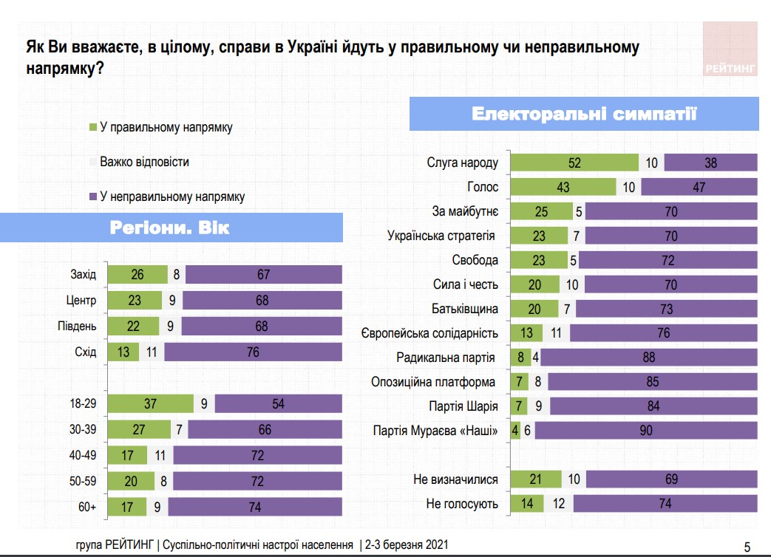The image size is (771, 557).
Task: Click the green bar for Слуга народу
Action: pos(574,163)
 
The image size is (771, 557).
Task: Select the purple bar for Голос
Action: pos(699,188)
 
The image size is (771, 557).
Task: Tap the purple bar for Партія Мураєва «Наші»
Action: pos(646,430)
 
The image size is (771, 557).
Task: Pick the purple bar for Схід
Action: pos(253,352)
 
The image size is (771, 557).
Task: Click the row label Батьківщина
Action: pos(465,309)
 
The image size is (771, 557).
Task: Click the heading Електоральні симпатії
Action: pos(584,115)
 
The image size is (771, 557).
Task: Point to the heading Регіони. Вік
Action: pos(170,228)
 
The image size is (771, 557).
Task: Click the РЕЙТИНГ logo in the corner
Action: pos(730,49)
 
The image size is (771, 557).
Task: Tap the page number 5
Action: pos(747,547)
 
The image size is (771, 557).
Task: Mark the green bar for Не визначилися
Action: pos(536,479)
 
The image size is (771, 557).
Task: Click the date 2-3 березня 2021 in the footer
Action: pos(404,545)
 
